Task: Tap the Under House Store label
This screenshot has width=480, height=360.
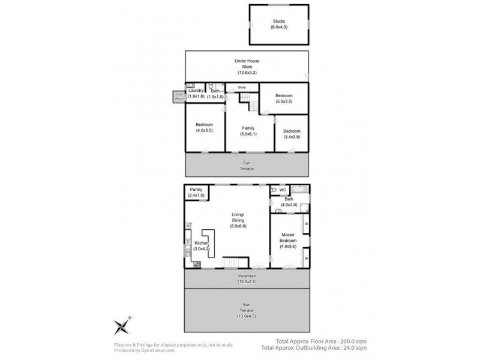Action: coord(246,65)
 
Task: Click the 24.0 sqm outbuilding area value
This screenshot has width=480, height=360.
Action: coord(353,347)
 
